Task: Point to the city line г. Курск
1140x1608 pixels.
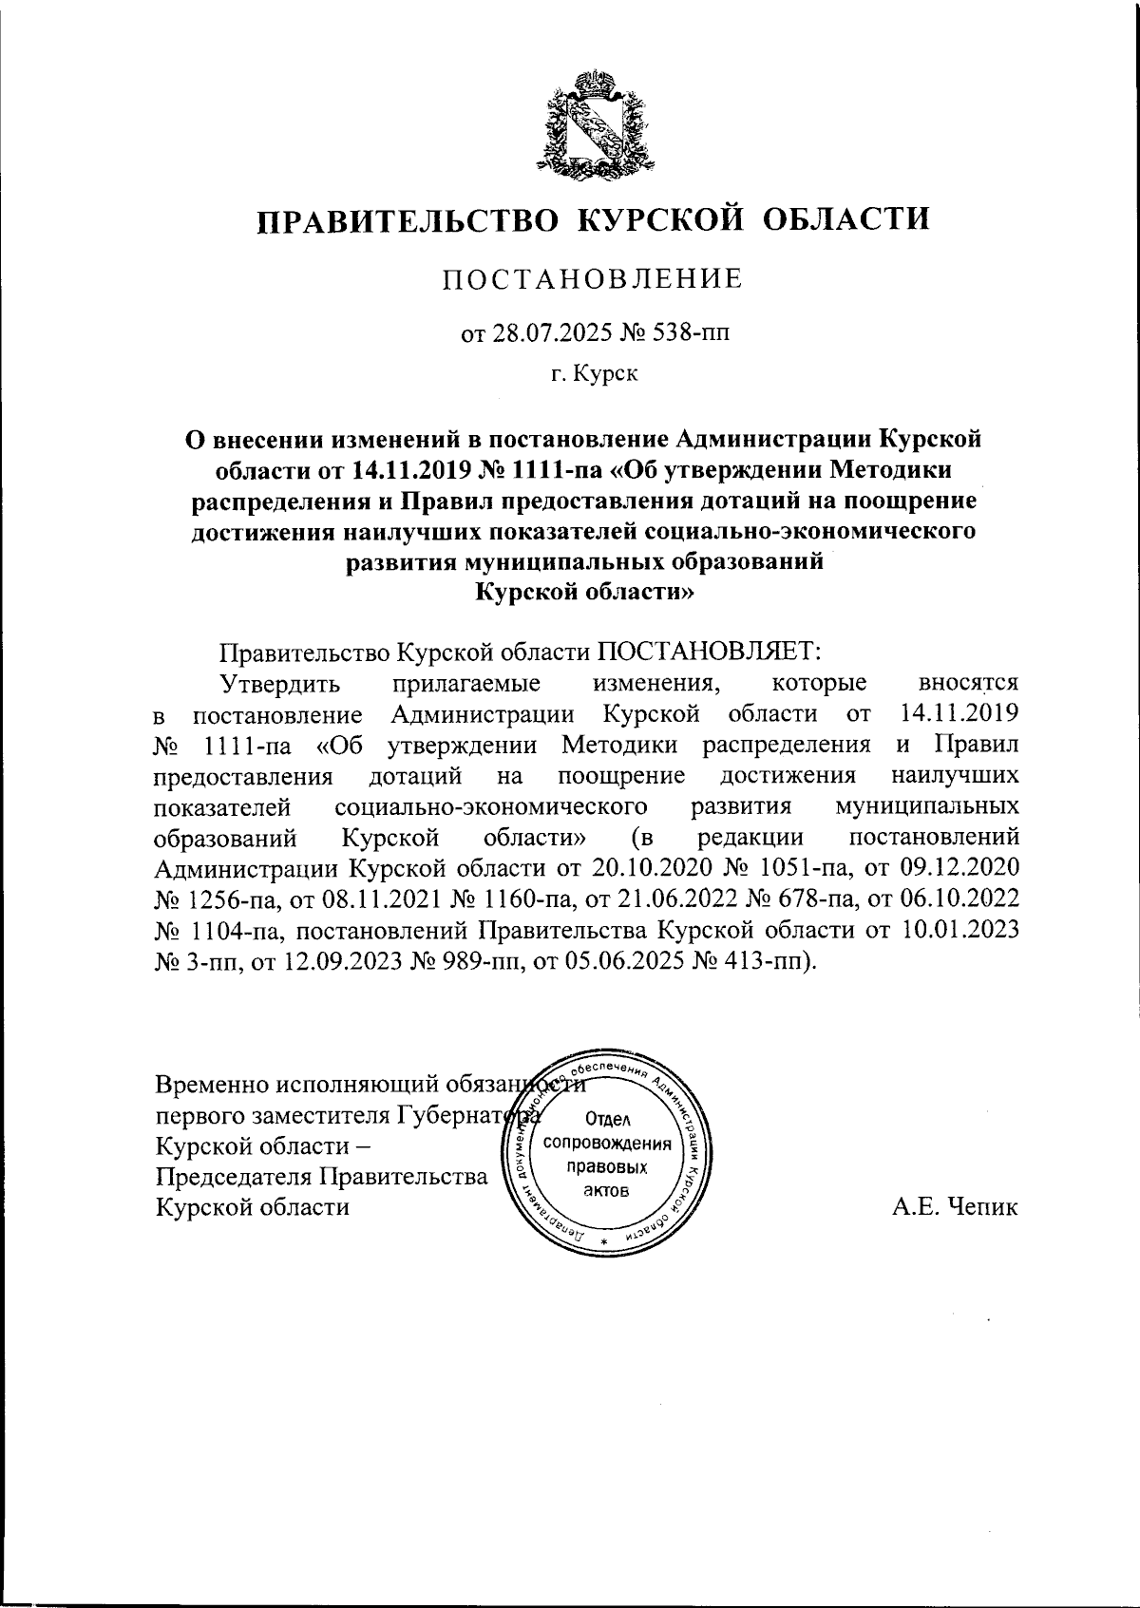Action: [595, 373]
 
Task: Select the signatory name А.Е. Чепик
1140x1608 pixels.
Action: [955, 1208]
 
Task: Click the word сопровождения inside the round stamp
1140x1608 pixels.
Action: [607, 1144]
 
